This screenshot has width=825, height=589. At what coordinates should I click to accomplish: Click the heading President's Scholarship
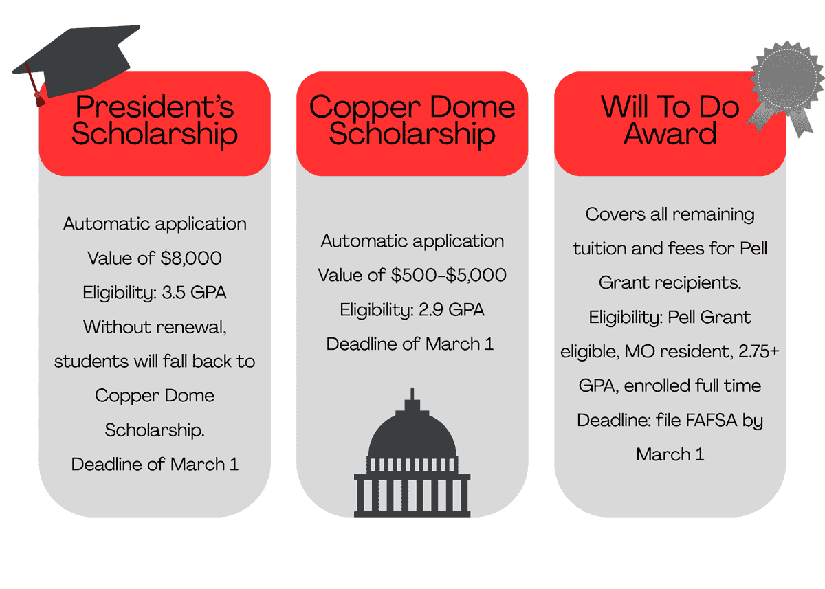tap(155, 120)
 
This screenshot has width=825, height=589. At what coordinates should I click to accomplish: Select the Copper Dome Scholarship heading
tap(412, 120)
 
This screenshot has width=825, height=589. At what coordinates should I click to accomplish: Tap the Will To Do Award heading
tap(670, 120)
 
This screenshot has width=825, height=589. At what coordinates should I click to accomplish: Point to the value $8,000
tap(193, 258)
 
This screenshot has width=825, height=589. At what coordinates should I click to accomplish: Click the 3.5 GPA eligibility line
tap(155, 293)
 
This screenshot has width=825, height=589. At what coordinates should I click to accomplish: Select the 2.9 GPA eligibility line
tap(412, 310)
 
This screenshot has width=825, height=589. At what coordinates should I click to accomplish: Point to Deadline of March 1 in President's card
tap(155, 465)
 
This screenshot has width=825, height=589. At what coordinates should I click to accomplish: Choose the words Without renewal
tap(155, 327)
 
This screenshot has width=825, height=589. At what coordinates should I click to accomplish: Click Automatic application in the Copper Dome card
tap(412, 241)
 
